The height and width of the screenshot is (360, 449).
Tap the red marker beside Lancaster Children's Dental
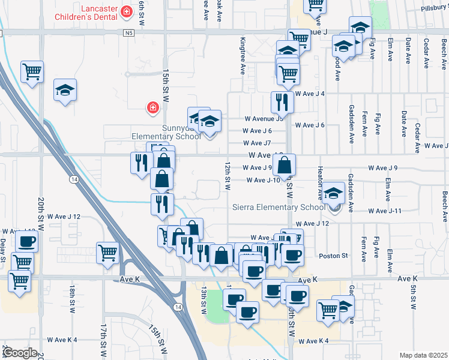tap(127, 11)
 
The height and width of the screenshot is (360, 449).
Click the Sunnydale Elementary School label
tap(166, 132)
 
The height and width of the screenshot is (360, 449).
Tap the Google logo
tap(20, 353)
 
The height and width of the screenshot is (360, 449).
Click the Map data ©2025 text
tap(423, 355)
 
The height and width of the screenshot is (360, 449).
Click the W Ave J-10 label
tap(264, 180)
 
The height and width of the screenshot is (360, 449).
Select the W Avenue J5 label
tap(263, 119)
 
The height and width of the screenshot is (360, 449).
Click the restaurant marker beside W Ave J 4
tap(280, 103)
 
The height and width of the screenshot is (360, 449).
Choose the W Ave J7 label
tap(258, 143)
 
